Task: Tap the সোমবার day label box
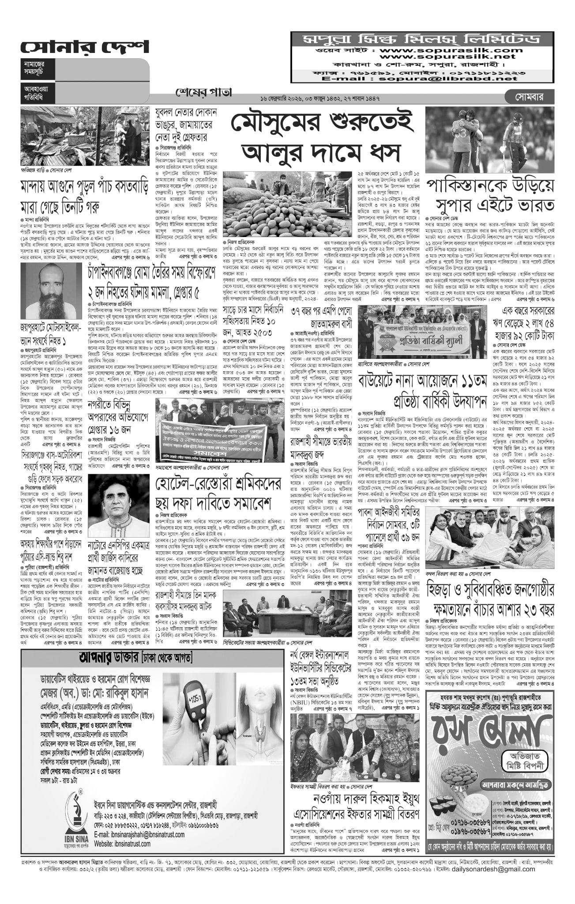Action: (534, 96)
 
